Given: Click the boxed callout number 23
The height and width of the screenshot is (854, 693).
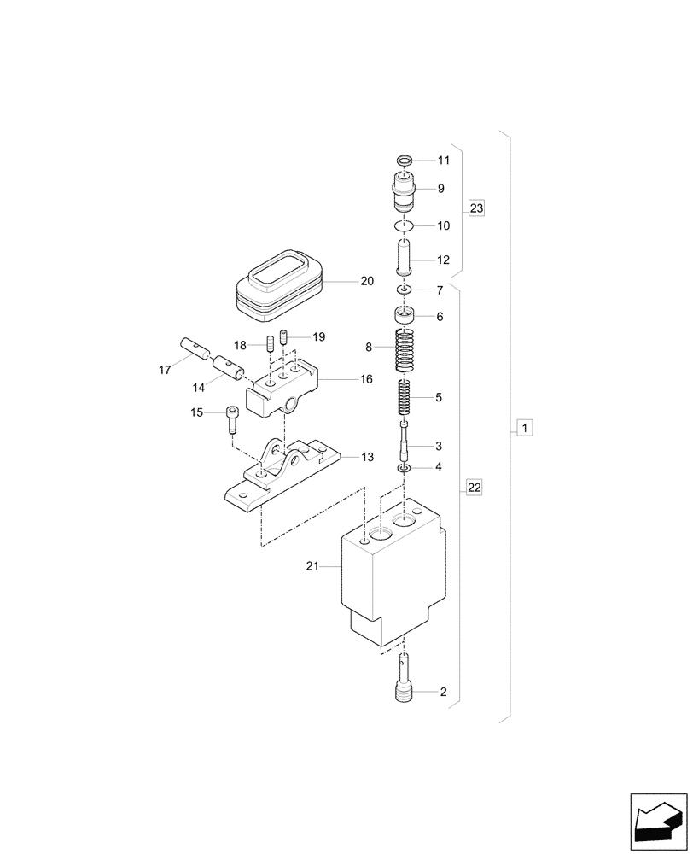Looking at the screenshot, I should (x=476, y=208).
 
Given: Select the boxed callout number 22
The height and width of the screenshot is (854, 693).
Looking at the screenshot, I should (x=475, y=488).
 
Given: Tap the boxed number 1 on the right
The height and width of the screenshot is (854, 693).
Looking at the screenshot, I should (x=525, y=427).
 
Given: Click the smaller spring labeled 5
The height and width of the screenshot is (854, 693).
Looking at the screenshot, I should (x=406, y=397).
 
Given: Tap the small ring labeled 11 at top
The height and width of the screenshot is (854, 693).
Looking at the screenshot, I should (x=406, y=161).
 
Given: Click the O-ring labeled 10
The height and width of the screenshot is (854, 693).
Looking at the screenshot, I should (x=406, y=226).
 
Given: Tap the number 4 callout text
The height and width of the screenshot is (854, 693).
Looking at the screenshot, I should (x=439, y=467).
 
